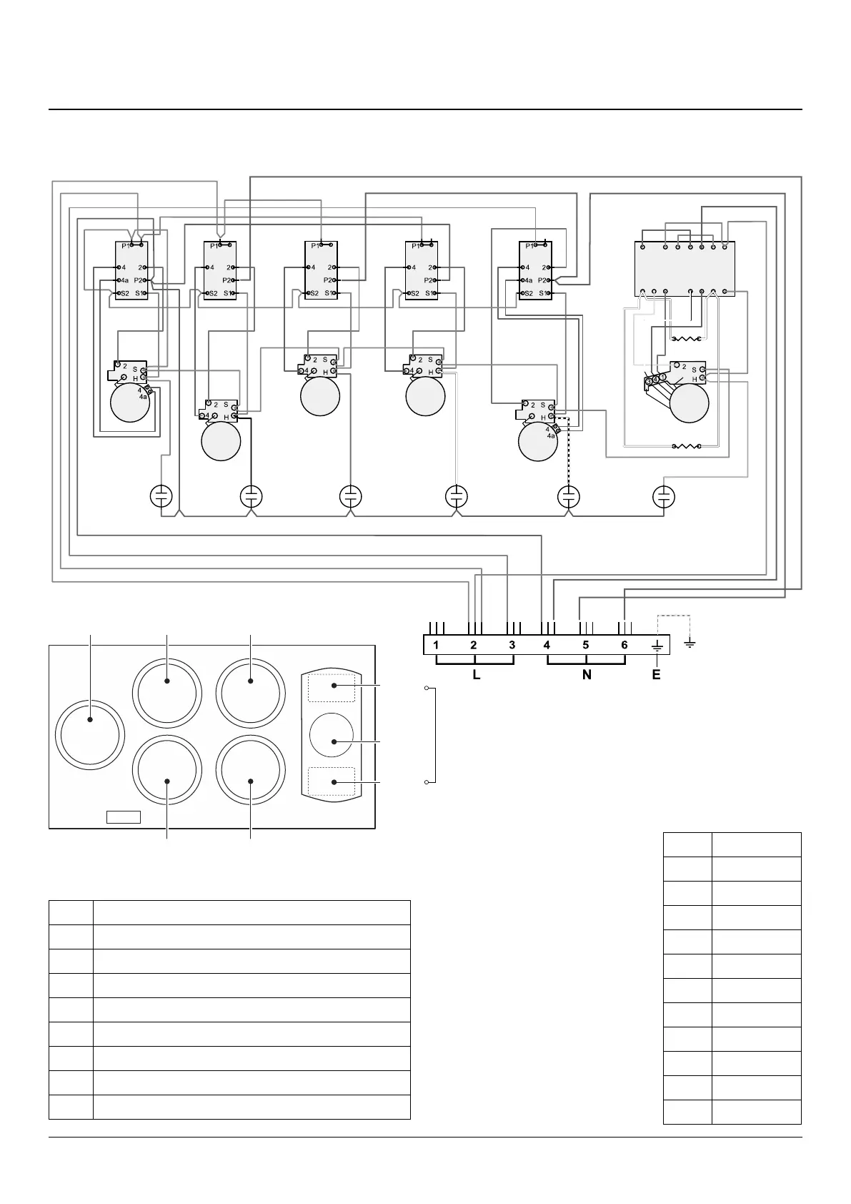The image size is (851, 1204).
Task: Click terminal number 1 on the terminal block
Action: tap(435, 645)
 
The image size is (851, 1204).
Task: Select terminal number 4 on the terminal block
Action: tap(547, 645)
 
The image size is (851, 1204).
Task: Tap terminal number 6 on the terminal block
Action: tap(624, 645)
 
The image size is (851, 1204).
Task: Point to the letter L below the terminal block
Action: tap(477, 674)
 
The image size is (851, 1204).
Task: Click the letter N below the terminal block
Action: tap(587, 674)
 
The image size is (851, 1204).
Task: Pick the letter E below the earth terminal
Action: tap(657, 674)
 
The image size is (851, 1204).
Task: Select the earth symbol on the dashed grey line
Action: tap(690, 644)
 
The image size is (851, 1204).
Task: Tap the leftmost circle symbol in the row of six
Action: tap(161, 496)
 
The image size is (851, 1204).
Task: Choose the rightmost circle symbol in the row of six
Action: tap(665, 496)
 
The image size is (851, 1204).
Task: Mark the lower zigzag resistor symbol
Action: tap(686, 447)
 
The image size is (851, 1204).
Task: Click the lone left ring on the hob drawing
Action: tap(90, 734)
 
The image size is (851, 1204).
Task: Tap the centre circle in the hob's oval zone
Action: tap(332, 735)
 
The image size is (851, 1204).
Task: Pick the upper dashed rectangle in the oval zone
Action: tap(332, 687)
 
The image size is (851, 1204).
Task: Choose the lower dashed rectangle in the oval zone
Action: tap(332, 781)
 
